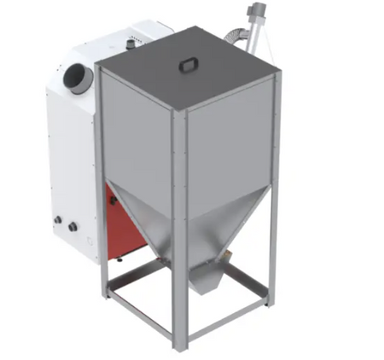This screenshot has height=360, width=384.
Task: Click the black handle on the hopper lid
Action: [x=187, y=66]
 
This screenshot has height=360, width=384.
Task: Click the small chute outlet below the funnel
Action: [x=204, y=277]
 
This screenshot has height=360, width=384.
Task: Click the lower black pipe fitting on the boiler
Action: [x=73, y=227]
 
